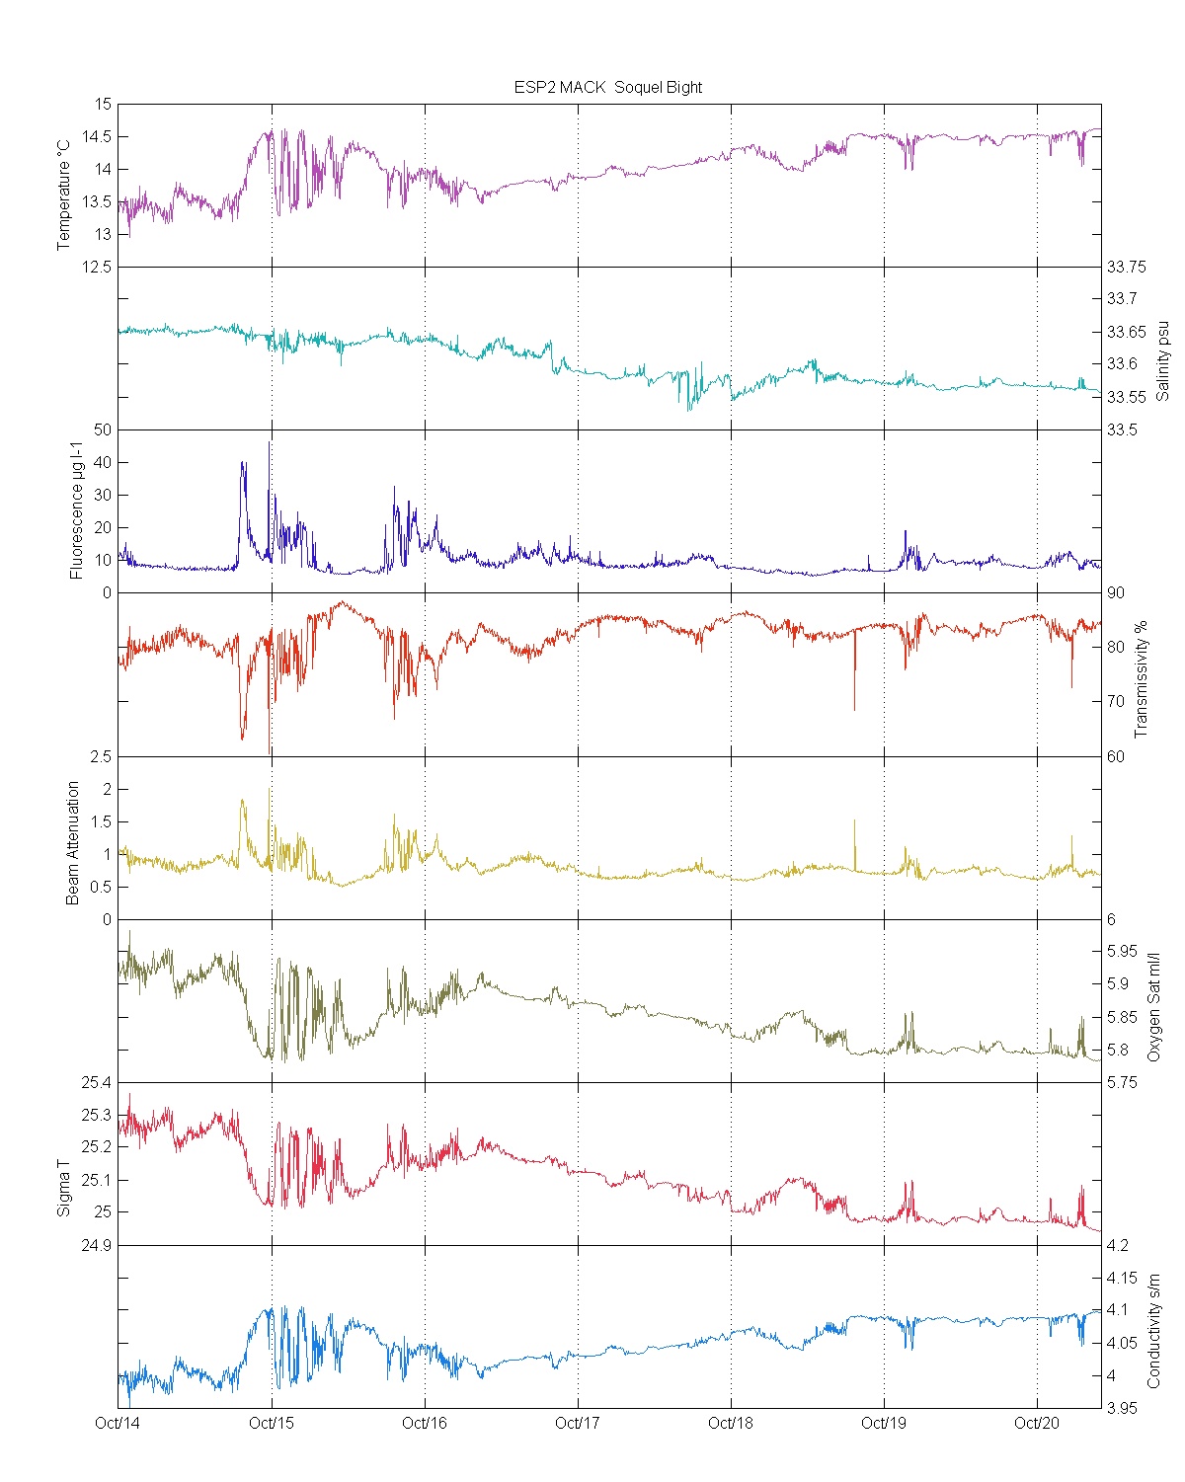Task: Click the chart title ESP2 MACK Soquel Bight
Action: tap(607, 87)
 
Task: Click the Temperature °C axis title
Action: tap(64, 195)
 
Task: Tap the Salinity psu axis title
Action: tap(1162, 359)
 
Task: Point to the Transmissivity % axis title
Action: tap(1141, 679)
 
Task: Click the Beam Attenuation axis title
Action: tap(73, 842)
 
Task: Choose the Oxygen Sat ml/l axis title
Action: tap(1152, 1007)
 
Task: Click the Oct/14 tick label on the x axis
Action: tap(118, 1423)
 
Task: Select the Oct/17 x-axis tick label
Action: tap(578, 1423)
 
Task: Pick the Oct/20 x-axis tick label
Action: tap(1037, 1423)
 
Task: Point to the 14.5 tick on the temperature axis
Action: tap(97, 137)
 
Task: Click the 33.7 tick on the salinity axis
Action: tap(1121, 299)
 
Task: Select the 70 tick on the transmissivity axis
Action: tap(1115, 702)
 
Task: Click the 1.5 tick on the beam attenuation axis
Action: tap(100, 822)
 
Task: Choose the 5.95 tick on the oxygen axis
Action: tap(1121, 952)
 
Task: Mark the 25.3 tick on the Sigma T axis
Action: tap(97, 1116)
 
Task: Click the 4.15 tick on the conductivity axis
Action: tap(1121, 1279)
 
